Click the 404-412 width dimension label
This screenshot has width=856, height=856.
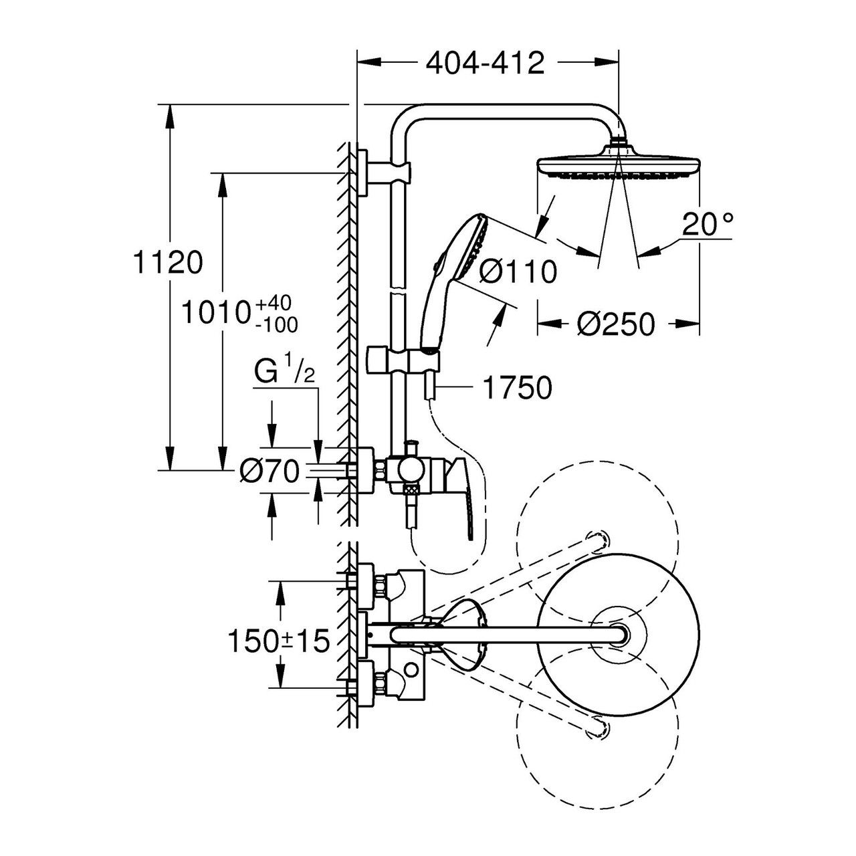(485, 63)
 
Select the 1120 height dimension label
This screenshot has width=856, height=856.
(167, 263)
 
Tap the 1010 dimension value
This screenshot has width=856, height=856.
(215, 313)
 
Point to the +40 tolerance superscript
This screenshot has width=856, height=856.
(274, 304)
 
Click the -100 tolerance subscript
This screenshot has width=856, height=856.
(276, 326)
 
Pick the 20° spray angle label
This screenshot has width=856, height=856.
(707, 224)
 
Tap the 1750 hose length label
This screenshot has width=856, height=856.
(518, 387)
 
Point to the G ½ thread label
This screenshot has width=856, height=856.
(285, 374)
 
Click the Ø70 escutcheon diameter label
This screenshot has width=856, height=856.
(270, 471)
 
